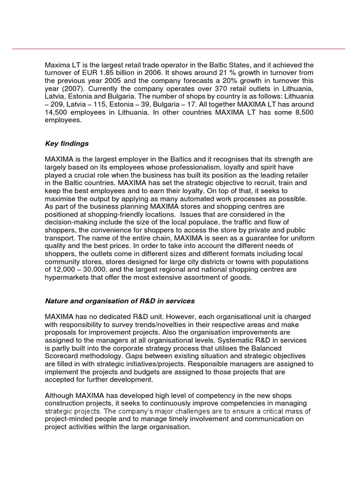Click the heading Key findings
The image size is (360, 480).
67,143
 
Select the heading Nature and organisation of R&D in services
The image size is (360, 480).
120,300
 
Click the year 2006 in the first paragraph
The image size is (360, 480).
160,73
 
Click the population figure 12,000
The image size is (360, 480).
67,270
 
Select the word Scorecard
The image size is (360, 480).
61,356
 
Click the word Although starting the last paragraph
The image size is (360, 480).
60,396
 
